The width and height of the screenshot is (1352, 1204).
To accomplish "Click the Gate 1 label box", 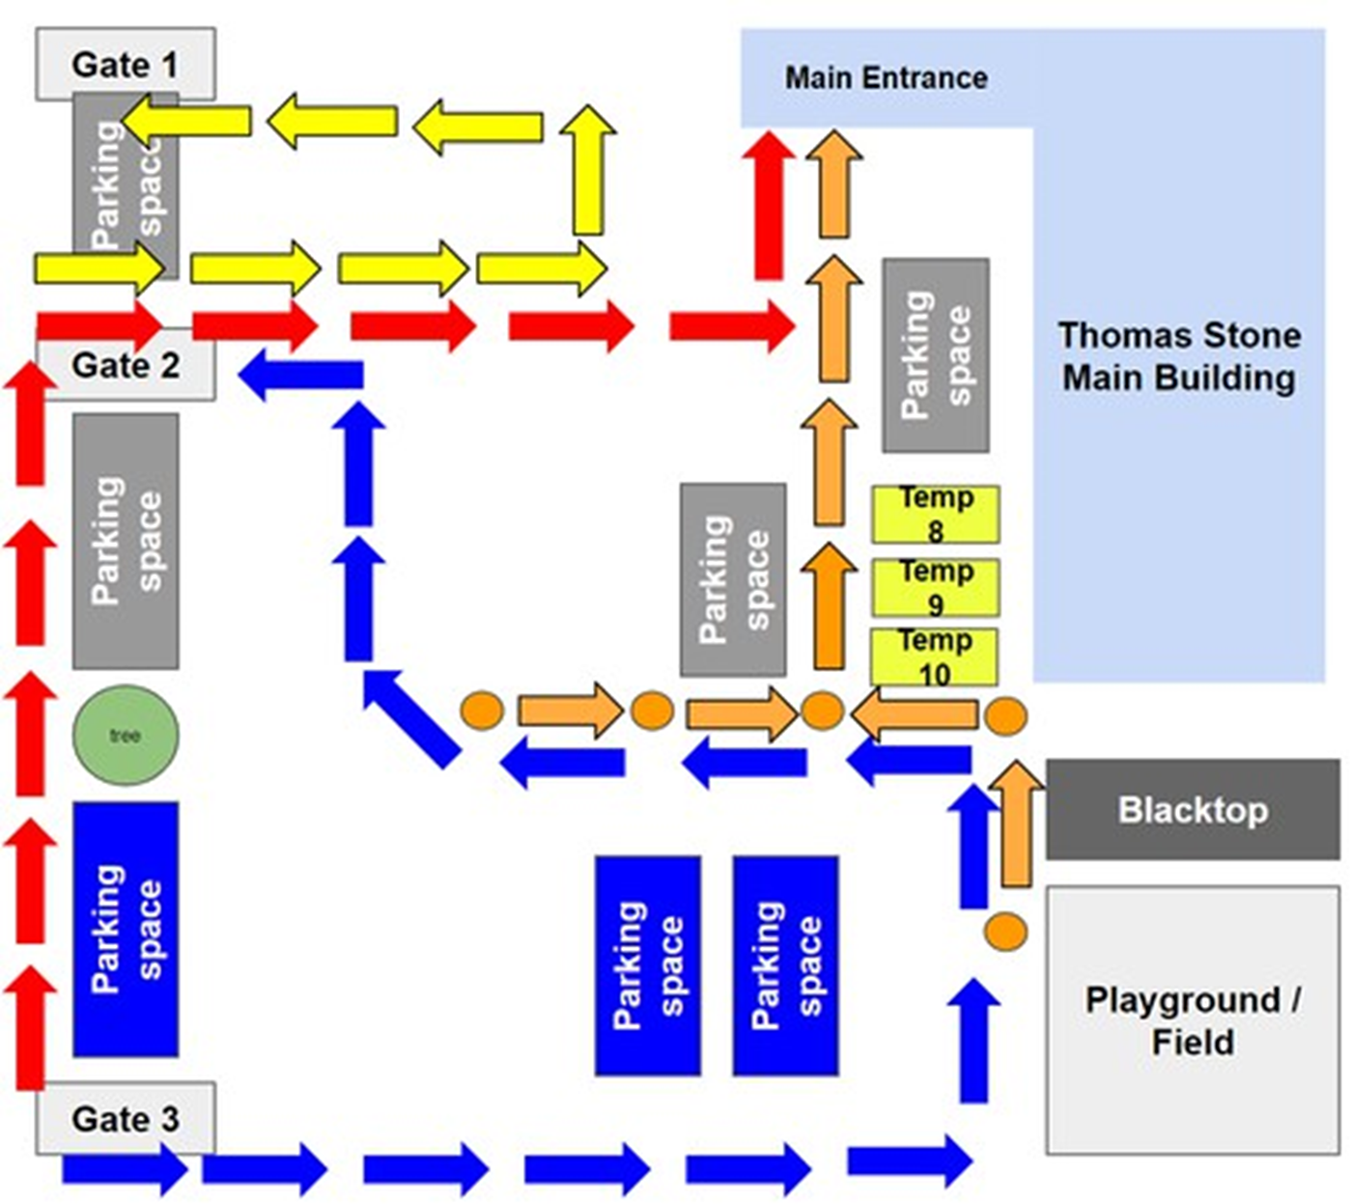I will coord(126,64).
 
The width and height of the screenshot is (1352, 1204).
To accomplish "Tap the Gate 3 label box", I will coord(126,1118).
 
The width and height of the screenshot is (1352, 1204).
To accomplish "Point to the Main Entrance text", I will coord(886,78).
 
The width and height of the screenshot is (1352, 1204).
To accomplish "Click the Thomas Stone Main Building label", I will coord(1178,356).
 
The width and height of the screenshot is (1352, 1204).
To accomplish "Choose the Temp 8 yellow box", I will coord(935,514).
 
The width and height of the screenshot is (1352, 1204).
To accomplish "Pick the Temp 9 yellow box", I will coord(935,587).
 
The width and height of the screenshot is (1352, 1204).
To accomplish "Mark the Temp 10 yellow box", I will coord(934,657).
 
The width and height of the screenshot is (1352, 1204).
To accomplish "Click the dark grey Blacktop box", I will coord(1192,809).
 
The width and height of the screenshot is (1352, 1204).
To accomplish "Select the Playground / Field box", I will coord(1192,1020).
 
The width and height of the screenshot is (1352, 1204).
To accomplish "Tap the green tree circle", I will coord(126,736).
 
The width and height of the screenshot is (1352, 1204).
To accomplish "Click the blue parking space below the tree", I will coord(126,929).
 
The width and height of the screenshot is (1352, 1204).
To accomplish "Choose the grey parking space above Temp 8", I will coord(935,355).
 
